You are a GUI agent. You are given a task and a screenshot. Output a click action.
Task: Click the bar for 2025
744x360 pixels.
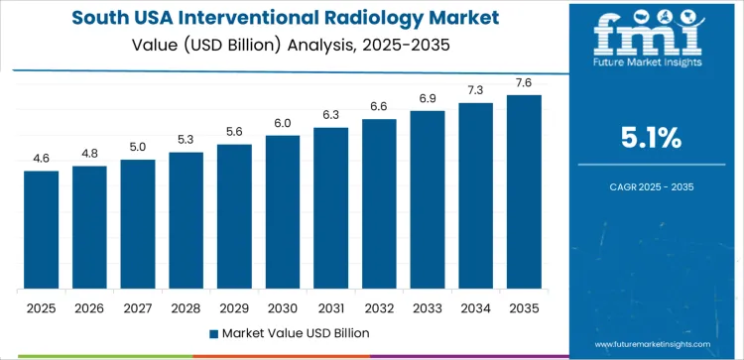coord(42,229)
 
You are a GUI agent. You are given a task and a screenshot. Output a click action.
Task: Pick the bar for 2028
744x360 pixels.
coord(186,220)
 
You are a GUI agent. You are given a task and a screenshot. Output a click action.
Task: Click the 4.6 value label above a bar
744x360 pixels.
coord(42,159)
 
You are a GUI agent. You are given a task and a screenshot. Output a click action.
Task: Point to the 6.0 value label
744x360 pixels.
coord(283,123)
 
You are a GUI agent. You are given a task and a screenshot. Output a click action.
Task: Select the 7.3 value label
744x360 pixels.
coord(475,90)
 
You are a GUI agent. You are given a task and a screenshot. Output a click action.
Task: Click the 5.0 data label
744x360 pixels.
coord(138,148)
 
